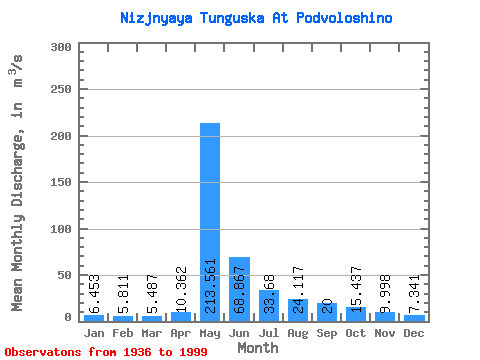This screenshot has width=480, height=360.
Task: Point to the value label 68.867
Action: click(239, 291)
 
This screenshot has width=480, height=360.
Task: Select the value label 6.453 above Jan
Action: click(94, 294)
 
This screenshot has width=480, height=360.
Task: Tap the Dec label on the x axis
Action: click(413, 333)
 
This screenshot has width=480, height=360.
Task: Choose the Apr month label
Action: click(181, 333)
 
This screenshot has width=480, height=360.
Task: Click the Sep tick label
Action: click(326, 333)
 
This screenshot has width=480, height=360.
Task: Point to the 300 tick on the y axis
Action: click(60, 48)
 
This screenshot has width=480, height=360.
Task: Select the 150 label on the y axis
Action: click(60, 183)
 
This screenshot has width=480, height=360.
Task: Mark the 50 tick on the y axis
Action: click(64, 274)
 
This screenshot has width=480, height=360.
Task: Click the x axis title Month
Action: click(258, 347)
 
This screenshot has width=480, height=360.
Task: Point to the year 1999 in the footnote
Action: click(190, 352)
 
